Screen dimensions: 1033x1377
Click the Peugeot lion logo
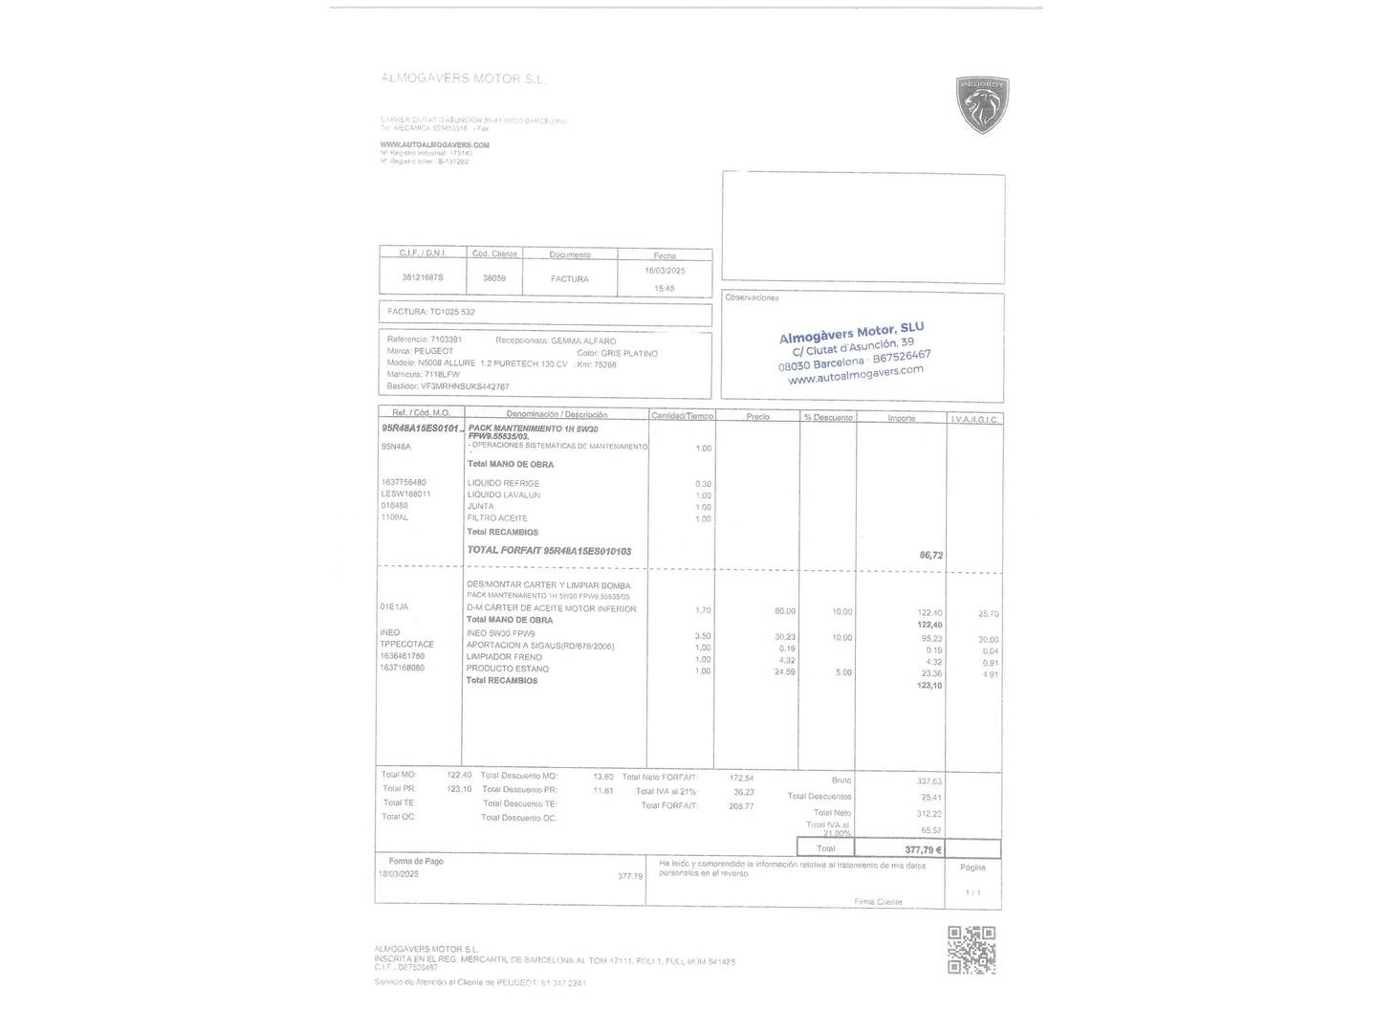[982, 104]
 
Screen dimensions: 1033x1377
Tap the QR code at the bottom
[971, 950]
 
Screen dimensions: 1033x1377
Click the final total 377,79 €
[923, 849]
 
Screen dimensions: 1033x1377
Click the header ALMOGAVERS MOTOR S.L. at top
[464, 78]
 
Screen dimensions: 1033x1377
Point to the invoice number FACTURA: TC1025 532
[431, 312]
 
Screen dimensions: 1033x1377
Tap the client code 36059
[494, 278]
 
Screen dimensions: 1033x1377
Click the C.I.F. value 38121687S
[423, 277]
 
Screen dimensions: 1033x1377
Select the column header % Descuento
[828, 417]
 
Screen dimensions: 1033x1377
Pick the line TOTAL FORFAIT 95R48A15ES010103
[549, 551]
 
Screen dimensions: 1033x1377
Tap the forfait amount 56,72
[930, 555]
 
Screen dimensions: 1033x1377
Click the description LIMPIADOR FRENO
[504, 657]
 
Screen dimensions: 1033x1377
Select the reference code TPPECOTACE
[406, 645]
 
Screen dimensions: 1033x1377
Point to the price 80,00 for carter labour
[784, 611]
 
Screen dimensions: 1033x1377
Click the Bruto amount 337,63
[929, 781]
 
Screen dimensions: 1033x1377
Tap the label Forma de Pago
[416, 861]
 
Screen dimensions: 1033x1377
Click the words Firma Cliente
[878, 902]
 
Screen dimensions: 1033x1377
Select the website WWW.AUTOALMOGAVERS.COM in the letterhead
[434, 145]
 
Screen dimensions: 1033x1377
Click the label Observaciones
[752, 297]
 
